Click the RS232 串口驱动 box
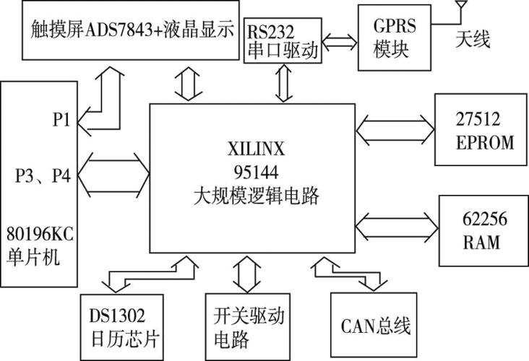tap(281, 43)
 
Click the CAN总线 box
tap(373, 326)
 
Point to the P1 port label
tap(61, 121)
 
